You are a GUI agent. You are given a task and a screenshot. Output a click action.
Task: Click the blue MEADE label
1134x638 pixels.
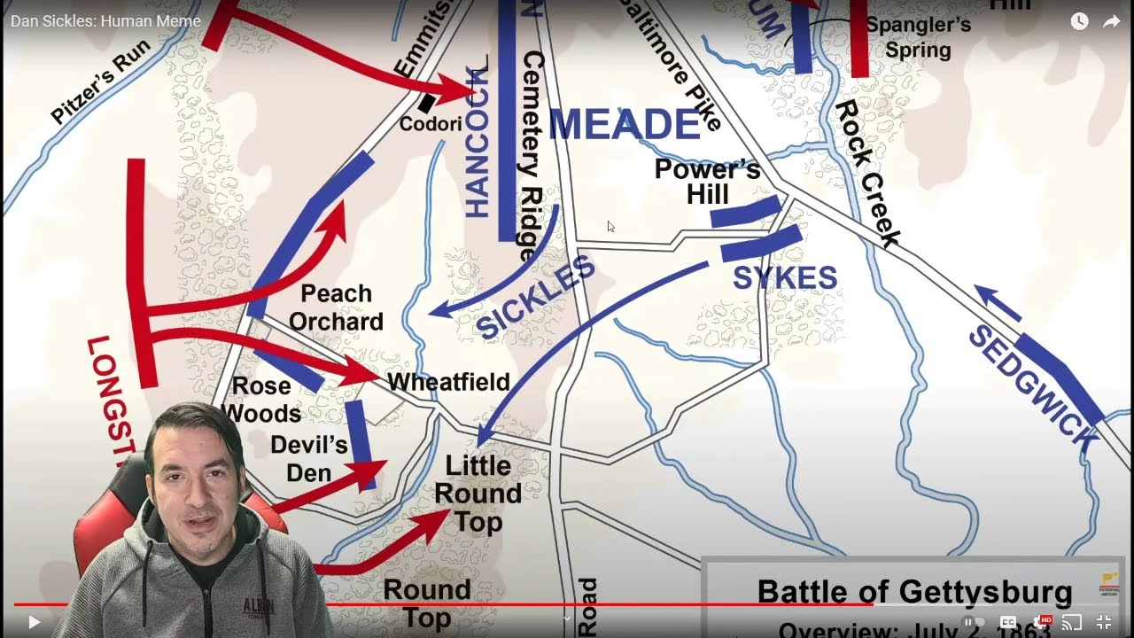coord(625,124)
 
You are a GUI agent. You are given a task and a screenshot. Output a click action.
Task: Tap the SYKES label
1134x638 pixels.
coord(785,277)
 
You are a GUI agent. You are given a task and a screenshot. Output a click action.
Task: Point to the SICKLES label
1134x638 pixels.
coord(535,297)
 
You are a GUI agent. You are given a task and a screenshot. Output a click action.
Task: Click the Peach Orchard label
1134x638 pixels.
coord(336,307)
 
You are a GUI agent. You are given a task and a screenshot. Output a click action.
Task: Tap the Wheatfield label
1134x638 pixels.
coord(448,382)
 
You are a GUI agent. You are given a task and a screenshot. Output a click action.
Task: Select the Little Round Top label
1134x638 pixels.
coord(478,494)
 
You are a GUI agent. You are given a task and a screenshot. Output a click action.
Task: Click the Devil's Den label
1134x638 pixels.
coord(309,458)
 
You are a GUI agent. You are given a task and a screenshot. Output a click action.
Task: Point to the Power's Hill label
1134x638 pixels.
coord(707,182)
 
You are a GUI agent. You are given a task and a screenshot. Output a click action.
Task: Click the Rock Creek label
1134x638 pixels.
coord(867,173)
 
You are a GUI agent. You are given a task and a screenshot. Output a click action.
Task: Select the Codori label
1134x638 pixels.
coord(431,124)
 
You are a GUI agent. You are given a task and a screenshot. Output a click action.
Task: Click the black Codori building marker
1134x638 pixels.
coord(427,103)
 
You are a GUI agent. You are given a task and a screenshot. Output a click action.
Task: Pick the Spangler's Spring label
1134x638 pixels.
coord(918,36)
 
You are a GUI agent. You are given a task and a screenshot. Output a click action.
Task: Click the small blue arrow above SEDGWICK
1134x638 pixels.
coord(997,302)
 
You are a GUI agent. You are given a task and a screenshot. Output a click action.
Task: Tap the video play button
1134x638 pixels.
coord(34,622)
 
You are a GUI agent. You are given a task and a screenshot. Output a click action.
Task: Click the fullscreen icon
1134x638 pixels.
coord(1104,622)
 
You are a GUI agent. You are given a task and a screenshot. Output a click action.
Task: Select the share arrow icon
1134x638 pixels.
coord(1111,21)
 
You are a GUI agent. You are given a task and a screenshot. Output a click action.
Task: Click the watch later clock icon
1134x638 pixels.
coord(1079,21)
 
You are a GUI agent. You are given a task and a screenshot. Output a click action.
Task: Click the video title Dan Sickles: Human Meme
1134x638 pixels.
coord(105,20)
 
